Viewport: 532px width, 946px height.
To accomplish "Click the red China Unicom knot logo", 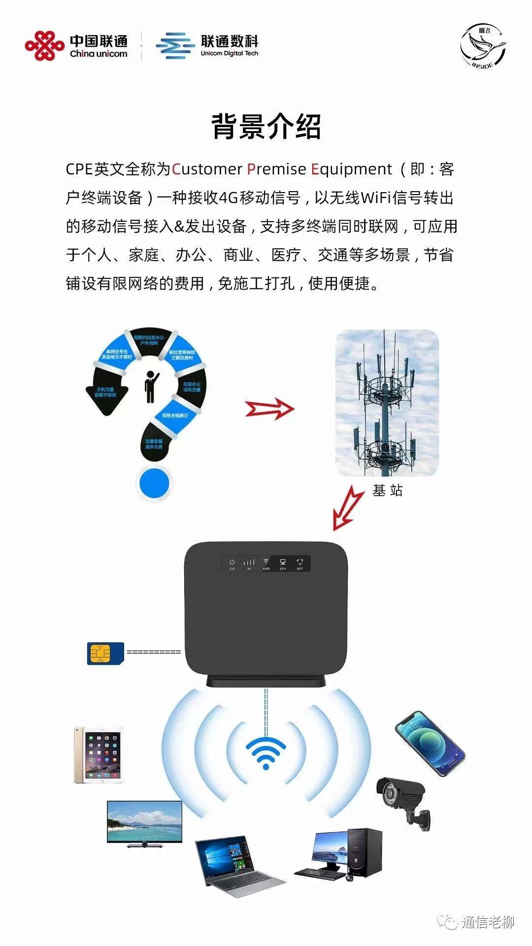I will coord(44,45).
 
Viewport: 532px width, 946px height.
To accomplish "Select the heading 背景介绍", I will coord(266,127).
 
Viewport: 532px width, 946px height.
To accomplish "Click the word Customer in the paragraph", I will coord(207,169).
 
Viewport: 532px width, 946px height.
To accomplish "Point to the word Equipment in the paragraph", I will coord(352,169).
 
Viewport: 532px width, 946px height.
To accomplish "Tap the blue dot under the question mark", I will coord(154,483).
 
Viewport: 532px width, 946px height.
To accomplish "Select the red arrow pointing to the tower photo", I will coord(269,408).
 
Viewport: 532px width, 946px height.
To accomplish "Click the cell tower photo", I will coord(387,403).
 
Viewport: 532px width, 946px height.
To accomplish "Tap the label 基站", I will coord(388,490).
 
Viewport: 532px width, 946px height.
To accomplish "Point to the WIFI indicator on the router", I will coord(266,564).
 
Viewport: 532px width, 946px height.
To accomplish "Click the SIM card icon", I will coord(105,653).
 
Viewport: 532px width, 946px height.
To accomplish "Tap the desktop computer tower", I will coord(365,852).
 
